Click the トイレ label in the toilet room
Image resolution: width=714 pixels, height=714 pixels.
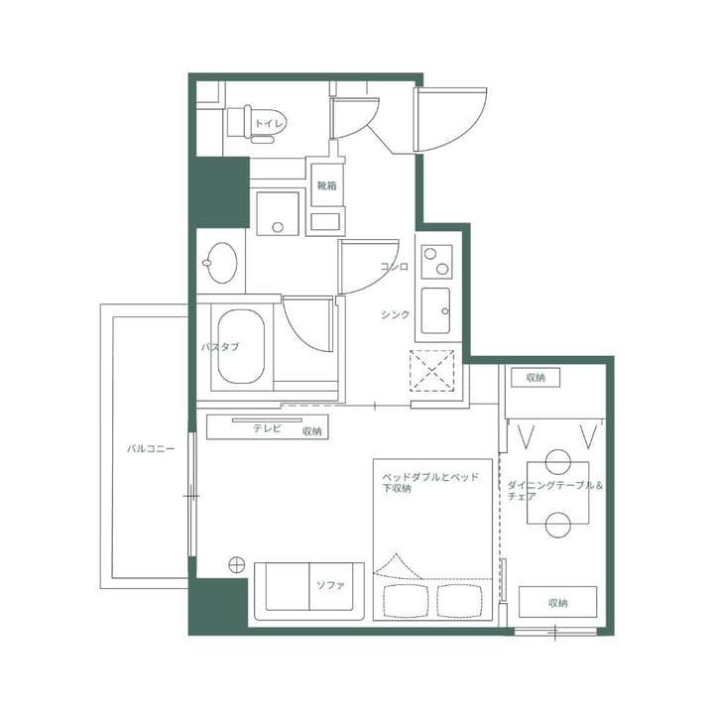point(270,123)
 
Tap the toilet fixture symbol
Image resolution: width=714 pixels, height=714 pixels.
point(242,123)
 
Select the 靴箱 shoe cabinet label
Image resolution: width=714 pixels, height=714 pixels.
point(326,184)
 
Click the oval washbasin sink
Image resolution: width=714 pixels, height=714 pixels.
point(220,264)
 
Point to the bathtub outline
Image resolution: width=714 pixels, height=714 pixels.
point(240,348)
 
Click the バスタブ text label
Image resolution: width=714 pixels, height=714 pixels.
point(219,348)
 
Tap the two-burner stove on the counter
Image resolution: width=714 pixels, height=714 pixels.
point(436,262)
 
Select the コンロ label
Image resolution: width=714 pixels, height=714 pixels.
point(394,267)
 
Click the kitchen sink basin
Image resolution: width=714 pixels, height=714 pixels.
point(436,310)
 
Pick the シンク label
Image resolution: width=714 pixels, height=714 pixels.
point(395,314)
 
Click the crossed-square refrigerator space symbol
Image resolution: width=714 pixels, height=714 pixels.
point(433,373)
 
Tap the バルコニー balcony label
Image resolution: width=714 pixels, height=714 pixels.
point(151,448)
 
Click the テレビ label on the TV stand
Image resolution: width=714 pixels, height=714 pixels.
point(267,428)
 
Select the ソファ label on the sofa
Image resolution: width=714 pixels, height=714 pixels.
point(330,586)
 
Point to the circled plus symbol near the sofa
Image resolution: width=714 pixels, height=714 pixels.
point(236,565)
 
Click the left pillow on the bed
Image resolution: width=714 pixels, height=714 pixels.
point(402,599)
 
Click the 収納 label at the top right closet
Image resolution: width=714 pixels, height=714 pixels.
point(536,378)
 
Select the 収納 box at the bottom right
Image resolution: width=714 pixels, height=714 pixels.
point(557,602)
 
